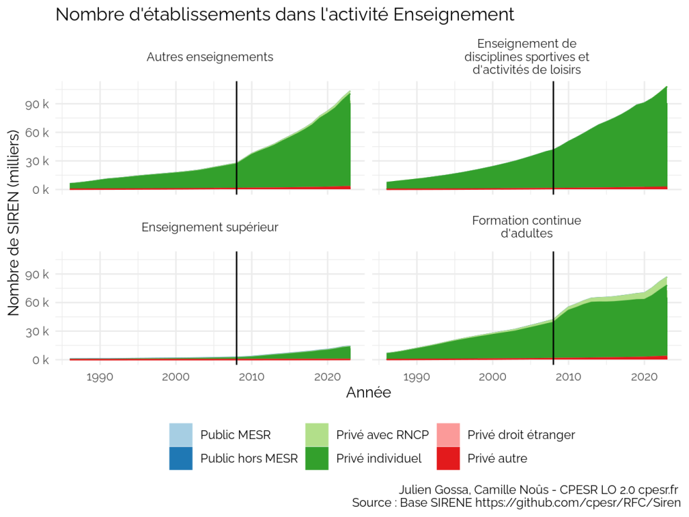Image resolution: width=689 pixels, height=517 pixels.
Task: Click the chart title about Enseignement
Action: [285, 15]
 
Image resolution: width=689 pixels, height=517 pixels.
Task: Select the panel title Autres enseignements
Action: [210, 57]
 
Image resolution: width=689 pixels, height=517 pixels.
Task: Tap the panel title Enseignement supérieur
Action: [210, 228]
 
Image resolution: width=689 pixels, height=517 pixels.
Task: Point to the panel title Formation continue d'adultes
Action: [526, 227]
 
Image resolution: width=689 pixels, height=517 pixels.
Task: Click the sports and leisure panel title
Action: [526, 57]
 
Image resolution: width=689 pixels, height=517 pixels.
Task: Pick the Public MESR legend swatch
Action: [180, 435]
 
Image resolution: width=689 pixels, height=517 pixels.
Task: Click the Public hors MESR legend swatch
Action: [180, 458]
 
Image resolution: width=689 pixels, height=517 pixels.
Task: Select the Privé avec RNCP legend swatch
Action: [317, 435]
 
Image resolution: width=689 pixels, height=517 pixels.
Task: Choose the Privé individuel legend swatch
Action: [317, 458]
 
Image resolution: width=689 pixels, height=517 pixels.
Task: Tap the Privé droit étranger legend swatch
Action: [448, 435]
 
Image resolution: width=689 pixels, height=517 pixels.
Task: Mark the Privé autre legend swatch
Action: [448, 458]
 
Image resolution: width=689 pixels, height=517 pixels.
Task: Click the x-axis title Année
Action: [369, 392]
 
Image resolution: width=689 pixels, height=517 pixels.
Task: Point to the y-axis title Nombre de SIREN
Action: [13, 222]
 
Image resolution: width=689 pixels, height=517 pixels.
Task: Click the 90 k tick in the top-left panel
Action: [37, 104]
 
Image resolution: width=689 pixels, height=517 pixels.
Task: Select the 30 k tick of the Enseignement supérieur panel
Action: [37, 331]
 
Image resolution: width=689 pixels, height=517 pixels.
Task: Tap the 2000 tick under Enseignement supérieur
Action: [176, 377]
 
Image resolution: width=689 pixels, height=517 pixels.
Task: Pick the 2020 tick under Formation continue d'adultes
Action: [644, 377]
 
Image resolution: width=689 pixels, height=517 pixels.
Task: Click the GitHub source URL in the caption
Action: [578, 502]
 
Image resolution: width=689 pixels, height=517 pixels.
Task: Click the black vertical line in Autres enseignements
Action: [237, 137]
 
